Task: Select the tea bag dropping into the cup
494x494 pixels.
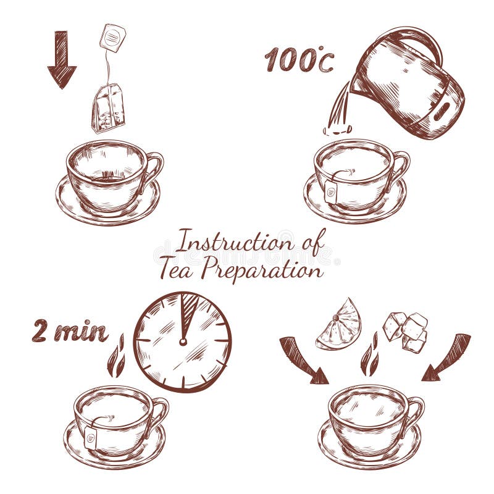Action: [109, 109]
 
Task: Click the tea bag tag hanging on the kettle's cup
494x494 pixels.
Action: [332, 192]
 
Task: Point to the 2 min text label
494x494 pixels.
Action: [70, 332]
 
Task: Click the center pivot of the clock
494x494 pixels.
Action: [183, 340]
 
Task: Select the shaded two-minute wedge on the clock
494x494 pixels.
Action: [188, 312]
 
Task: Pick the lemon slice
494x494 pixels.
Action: [339, 325]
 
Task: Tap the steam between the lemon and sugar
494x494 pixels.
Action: [370, 355]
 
